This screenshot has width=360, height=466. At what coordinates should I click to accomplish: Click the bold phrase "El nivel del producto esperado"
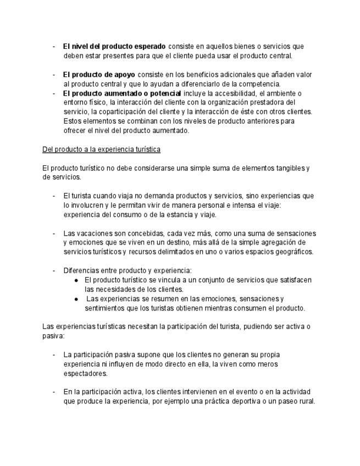coord(114,47)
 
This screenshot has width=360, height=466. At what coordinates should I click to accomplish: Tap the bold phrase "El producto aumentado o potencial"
coord(122,93)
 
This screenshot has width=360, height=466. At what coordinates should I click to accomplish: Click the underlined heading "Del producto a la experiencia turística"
coord(101,149)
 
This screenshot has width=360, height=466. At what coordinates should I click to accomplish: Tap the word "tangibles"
coord(287,168)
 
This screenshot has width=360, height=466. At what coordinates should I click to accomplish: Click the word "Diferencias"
coord(81,271)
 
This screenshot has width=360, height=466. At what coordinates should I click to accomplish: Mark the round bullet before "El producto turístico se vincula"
coord(76,280)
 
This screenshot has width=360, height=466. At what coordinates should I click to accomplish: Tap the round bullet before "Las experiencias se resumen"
coord(76,299)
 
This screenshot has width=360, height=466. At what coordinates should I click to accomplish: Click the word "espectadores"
coord(85,374)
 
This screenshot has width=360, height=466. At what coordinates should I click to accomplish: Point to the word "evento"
coord(229,392)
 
